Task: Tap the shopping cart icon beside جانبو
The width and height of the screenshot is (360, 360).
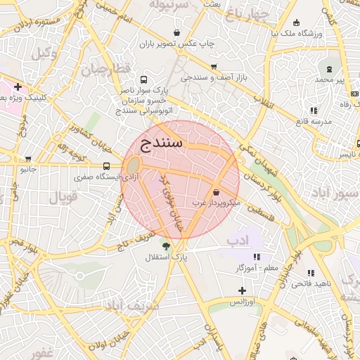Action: [28, 159]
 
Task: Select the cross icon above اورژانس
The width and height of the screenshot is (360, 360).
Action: [242, 290]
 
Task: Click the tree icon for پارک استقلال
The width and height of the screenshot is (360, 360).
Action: [166, 246]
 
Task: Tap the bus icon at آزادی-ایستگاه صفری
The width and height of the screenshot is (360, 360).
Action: [106, 167]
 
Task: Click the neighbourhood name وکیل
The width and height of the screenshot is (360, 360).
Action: [45, 53]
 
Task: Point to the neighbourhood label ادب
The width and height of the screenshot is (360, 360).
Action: [238, 240]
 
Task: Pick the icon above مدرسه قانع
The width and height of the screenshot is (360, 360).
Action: [314, 110]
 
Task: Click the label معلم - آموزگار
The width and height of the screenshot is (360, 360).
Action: [258, 268]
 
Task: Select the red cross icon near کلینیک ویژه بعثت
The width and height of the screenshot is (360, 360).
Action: [17, 87]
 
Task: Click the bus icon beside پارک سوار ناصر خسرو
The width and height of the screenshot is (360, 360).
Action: [144, 80]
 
